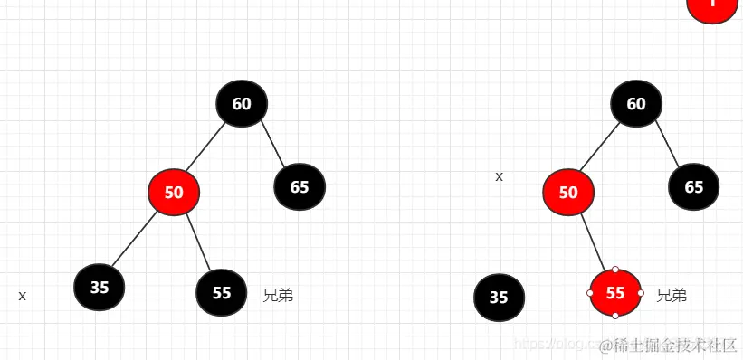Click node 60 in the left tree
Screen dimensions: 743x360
242,103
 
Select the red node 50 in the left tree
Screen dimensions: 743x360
174,192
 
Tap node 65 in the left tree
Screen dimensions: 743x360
300,187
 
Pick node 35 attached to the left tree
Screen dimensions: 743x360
100,288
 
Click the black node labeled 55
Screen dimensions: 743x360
222,292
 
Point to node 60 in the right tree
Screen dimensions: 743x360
636,103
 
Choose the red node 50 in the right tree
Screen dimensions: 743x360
568,192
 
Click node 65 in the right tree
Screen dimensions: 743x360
694,187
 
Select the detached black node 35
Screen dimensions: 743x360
499,297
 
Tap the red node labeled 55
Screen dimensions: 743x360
615,292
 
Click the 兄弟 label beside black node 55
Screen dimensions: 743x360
278,295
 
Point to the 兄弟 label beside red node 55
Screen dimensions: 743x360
672,295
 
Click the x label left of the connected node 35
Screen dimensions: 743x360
23,296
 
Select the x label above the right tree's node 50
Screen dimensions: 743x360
499,176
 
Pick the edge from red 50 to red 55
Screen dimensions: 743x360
592,242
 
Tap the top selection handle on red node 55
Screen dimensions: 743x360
615,269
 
